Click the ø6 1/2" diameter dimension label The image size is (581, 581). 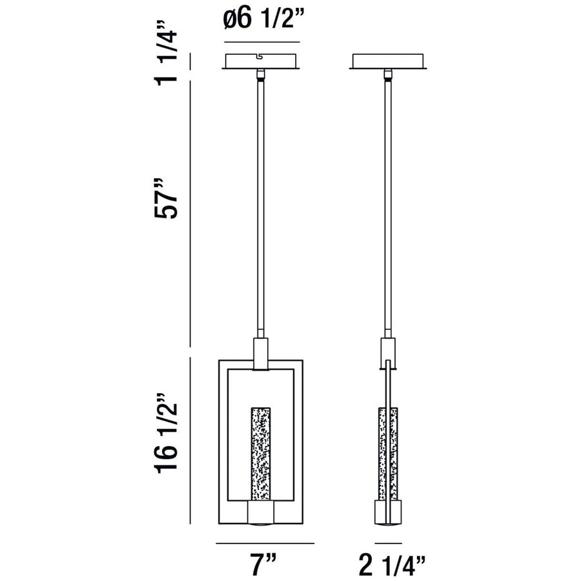(261, 21)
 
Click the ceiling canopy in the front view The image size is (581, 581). (261, 62)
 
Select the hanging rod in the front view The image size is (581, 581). (261, 207)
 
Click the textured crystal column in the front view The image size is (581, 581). (261, 455)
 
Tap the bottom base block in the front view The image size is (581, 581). (261, 515)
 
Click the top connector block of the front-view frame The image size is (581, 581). (261, 354)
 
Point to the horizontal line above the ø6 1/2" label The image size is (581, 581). (261, 43)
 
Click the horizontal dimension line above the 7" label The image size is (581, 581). (264, 544)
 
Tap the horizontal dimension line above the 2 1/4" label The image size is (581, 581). (387, 544)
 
